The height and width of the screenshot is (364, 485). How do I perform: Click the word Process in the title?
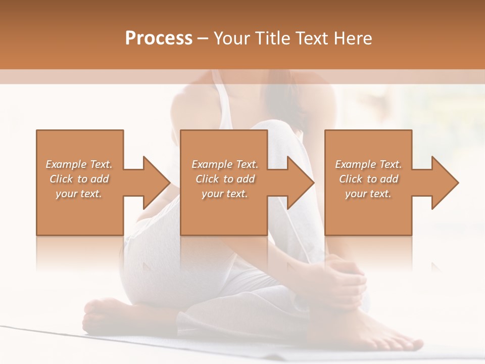pos(159,38)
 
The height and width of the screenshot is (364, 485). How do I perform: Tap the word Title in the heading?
pos(272,38)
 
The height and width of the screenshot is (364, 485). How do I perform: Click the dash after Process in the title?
pos(203,39)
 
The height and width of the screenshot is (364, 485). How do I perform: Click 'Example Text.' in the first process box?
pos(79,164)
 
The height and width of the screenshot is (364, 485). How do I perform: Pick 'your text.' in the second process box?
pos(224,194)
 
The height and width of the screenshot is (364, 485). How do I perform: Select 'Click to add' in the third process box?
pos(368,179)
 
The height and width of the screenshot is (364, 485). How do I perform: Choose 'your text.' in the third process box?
pos(368,194)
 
